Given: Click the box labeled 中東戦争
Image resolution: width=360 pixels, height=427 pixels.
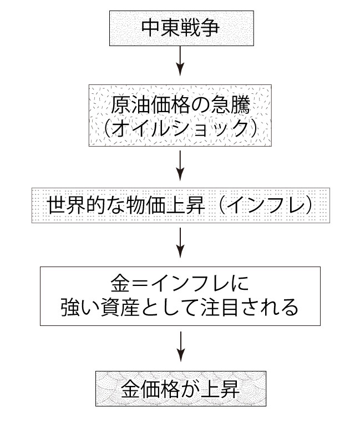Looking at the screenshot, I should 180,27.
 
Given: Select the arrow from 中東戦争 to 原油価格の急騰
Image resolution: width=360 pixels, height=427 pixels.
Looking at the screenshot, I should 180,62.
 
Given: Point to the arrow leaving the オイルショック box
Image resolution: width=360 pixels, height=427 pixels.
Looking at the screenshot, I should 180,164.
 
